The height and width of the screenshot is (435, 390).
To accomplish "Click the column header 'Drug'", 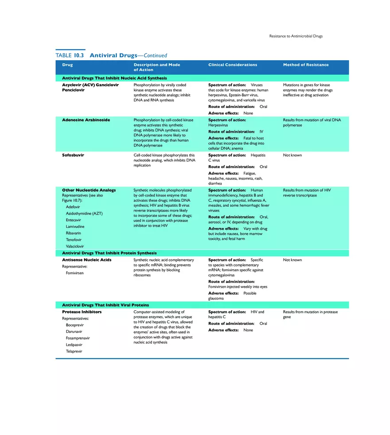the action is coord(67,65).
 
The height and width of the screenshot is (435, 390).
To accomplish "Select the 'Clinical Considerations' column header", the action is coord(233,65).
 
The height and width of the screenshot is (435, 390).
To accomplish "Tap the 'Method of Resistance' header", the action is coord(306,65).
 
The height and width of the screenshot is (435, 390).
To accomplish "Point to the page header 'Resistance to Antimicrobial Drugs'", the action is coord(296,36).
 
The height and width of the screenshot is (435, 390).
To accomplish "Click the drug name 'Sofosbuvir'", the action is coord(73,155).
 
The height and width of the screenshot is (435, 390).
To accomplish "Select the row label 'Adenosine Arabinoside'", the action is coord(86,120).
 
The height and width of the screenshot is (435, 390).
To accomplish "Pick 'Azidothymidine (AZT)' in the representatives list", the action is coord(84,213).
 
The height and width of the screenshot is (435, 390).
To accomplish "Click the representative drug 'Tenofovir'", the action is coord(74,239).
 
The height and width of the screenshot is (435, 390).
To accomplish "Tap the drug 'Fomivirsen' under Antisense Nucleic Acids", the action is coord(75,273).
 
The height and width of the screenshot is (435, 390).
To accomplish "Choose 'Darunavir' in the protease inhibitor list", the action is coord(74,331).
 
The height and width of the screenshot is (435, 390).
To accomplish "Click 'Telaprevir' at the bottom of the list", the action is coord(74,351).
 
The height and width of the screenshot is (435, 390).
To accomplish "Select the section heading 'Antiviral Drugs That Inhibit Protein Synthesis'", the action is coord(109,253).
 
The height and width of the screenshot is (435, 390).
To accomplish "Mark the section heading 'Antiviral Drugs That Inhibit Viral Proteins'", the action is coord(105,305).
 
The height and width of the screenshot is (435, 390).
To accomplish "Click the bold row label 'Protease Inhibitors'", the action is coord(82,312).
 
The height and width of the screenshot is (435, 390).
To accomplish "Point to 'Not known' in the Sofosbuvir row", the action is coord(292,155).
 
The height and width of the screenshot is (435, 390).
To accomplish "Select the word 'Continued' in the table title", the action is coord(155,56).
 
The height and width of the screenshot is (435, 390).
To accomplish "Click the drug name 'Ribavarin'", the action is coord(74,233).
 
